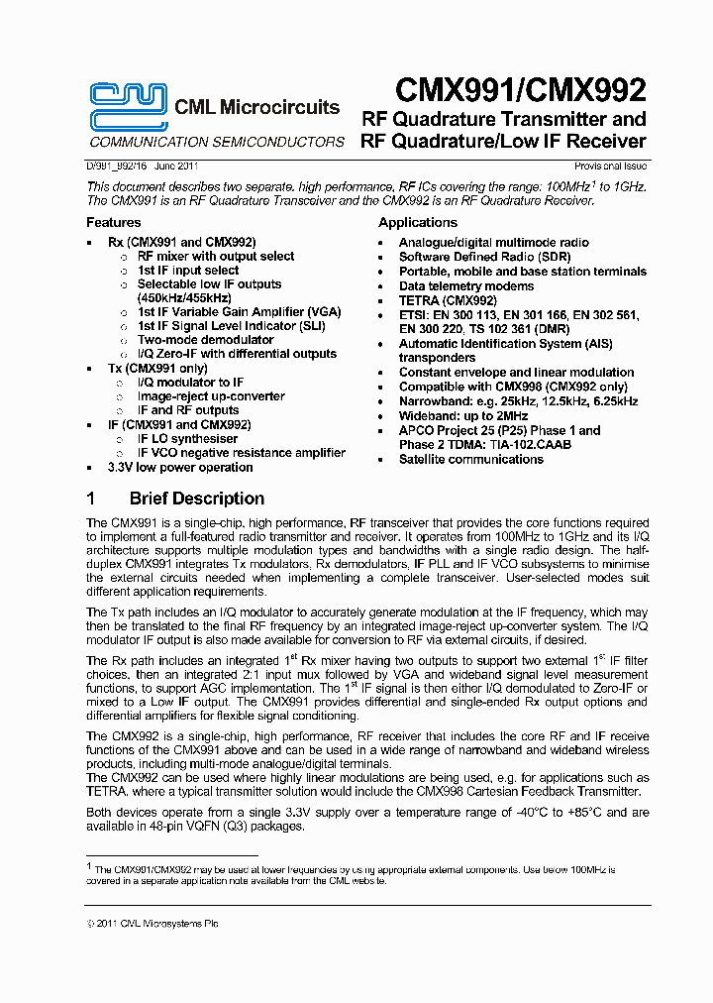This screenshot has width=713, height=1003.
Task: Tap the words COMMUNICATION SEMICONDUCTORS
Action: (x=217, y=142)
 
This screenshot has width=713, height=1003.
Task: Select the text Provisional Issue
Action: (x=611, y=167)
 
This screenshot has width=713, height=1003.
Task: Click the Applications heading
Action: (x=418, y=223)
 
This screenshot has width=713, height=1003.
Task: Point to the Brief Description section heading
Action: (x=196, y=499)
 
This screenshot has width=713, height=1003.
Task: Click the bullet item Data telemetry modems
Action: (x=465, y=285)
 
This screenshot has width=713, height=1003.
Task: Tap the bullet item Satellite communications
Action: (x=471, y=460)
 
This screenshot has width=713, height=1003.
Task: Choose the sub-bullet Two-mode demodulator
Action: (x=205, y=340)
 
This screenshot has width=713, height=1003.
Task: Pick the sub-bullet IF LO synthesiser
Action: (x=187, y=439)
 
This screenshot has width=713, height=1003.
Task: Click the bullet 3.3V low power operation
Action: (x=180, y=468)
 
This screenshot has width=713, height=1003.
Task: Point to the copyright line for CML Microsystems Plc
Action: (x=153, y=924)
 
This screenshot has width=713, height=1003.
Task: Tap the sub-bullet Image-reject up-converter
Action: (x=211, y=396)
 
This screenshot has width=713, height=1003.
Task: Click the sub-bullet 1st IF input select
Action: (x=187, y=271)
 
